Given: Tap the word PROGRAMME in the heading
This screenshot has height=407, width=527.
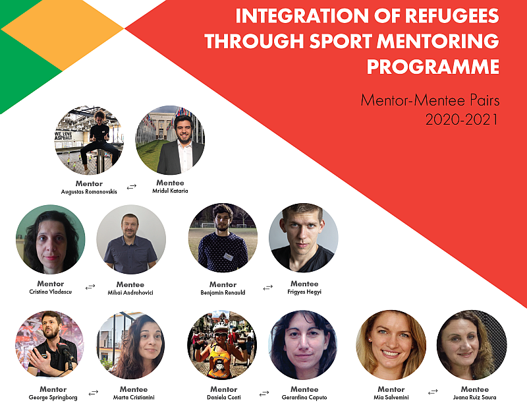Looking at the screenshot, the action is [433, 67].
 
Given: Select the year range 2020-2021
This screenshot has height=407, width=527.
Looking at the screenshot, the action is [462, 119].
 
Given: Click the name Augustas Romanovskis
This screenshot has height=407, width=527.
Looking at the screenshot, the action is [89, 192].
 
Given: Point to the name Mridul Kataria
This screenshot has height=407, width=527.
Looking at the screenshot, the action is [170, 191].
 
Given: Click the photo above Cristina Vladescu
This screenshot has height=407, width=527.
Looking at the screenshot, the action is [51, 239].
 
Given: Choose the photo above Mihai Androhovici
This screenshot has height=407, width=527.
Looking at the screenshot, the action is [131, 239].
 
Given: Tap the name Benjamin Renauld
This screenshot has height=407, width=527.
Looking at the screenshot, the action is [223, 292].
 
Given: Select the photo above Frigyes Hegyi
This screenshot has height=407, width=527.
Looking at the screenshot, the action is [304, 237].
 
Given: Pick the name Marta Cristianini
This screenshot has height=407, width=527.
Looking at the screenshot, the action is [134, 398].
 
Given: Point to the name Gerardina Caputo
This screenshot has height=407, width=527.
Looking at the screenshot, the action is [304, 398].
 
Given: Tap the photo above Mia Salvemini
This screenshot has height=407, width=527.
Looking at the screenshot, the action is [391, 345].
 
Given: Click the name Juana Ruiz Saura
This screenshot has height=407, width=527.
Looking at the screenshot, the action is [474, 398].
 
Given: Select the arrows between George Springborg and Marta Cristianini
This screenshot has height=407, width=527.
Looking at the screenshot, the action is [94, 392].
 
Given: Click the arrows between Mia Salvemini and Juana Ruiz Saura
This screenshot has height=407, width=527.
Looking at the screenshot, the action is [433, 392].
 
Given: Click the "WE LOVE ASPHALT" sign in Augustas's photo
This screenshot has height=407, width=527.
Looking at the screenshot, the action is [63, 136].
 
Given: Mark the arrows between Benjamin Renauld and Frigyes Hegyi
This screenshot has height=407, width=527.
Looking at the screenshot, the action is [268, 288].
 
